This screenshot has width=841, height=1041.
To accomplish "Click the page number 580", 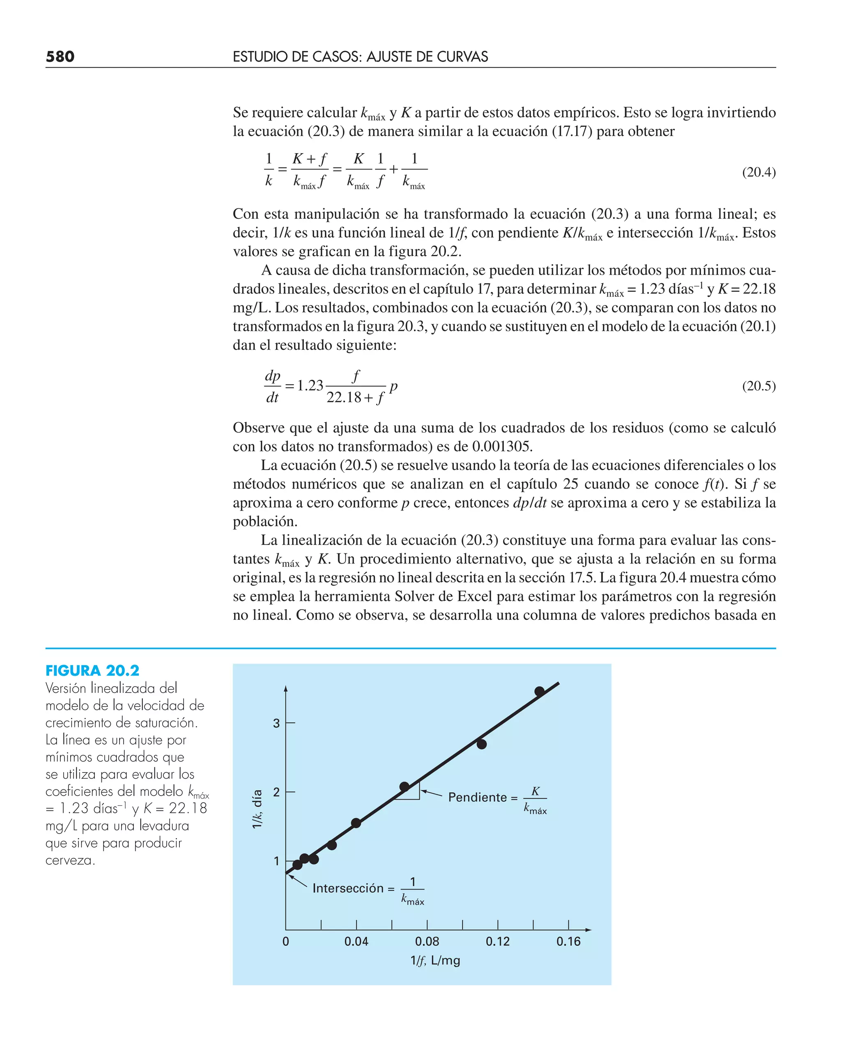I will pyautogui.click(x=60, y=57).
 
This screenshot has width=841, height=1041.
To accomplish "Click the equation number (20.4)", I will pyautogui.click(x=758, y=172).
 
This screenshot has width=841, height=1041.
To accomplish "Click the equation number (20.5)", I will pyautogui.click(x=758, y=386).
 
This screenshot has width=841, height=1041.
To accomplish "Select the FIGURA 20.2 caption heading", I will pyautogui.click(x=92, y=671).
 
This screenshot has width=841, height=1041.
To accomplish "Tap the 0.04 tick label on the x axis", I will pyautogui.click(x=356, y=941).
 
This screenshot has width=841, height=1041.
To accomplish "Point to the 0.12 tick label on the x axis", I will pyautogui.click(x=498, y=941).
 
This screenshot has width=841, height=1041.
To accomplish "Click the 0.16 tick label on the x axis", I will pyautogui.click(x=568, y=941).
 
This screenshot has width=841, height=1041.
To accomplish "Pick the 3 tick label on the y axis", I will pyautogui.click(x=276, y=723).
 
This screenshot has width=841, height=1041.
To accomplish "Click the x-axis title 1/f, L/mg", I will pyautogui.click(x=435, y=960).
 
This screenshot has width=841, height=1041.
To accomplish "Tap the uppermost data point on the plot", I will pyautogui.click(x=540, y=691).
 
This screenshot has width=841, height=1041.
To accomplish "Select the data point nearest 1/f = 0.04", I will pyautogui.click(x=356, y=823).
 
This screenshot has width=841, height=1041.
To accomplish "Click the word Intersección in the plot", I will pyautogui.click(x=348, y=888).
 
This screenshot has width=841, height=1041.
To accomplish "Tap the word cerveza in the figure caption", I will pyautogui.click(x=70, y=860).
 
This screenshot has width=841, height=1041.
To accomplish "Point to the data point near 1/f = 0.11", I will pyautogui.click(x=482, y=744).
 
